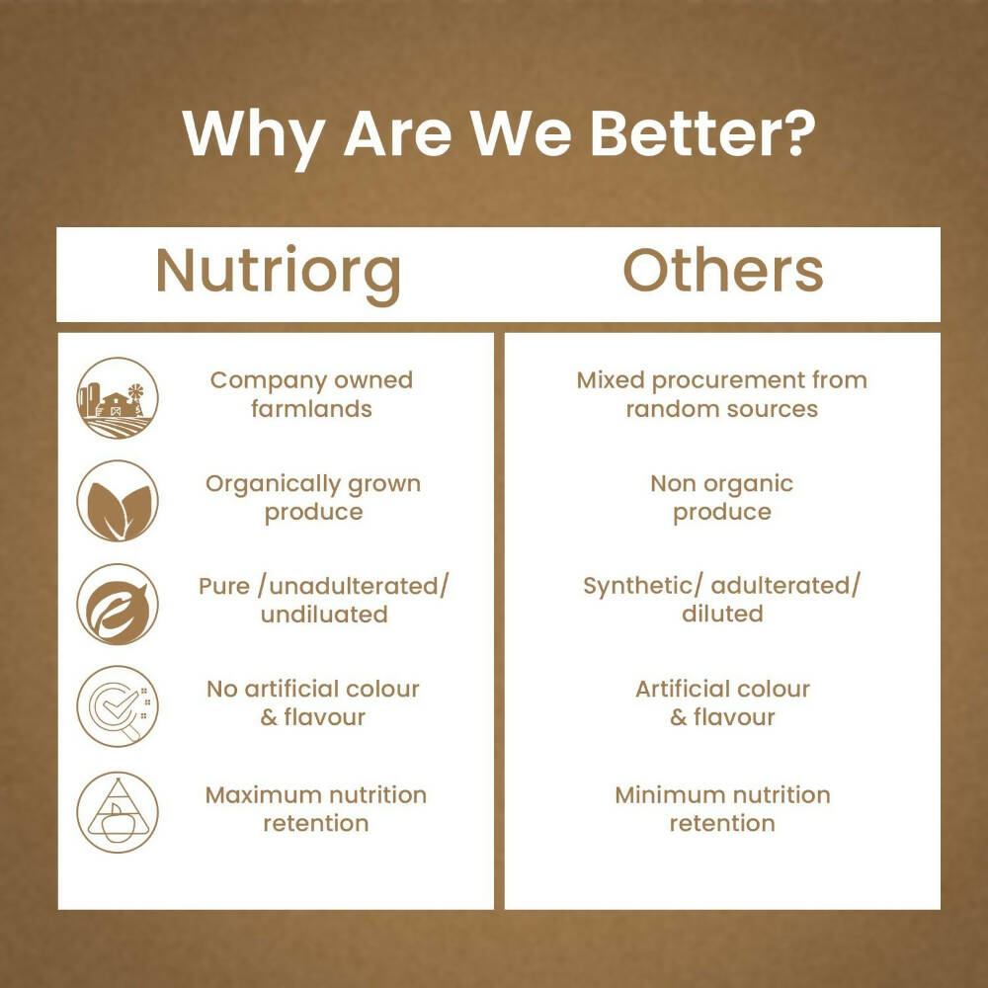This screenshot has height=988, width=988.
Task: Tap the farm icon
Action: click(118, 398)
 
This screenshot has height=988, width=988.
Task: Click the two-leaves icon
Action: click(118, 501)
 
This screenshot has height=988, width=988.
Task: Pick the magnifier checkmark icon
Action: click(118, 705)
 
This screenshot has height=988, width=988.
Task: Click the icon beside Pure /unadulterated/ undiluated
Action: click(118, 604)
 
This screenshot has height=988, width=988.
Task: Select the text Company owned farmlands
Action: click(311, 394)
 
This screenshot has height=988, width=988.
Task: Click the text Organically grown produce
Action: click(313, 498)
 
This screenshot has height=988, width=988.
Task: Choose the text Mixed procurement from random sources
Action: click(722, 394)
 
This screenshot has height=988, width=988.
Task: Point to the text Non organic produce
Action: click(722, 498)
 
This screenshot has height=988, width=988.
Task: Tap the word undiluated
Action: click(324, 615)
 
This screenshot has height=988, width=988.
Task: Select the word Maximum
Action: click(263, 794)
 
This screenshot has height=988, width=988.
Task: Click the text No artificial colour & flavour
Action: click(313, 702)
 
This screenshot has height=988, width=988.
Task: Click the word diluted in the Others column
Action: click(722, 614)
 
